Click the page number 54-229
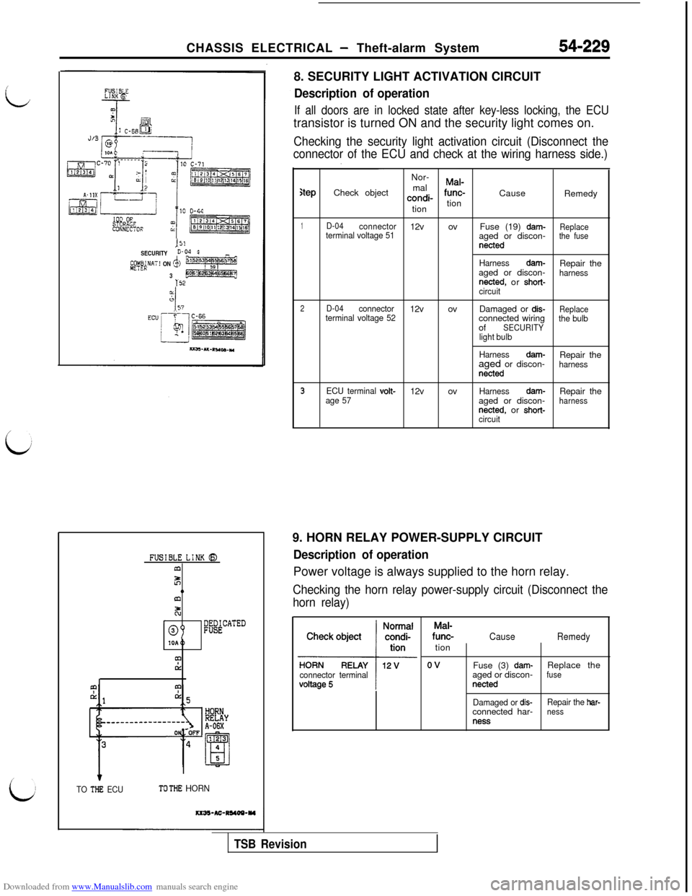pos(585,46)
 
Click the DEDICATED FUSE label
pos(224,625)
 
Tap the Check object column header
pos(334,636)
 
